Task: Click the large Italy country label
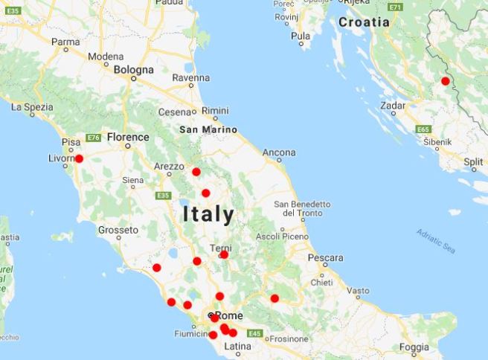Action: [x=208, y=215]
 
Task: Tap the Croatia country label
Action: [x=364, y=22]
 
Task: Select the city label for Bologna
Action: [x=134, y=70]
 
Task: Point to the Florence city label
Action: [x=127, y=138]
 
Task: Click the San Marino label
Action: [x=208, y=129]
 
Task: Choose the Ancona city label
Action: [x=280, y=153]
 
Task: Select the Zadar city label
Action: [x=393, y=106]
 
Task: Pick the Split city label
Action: [x=472, y=161]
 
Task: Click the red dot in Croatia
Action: [x=446, y=81]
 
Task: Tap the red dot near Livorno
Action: [x=79, y=158]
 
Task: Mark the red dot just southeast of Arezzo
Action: [x=196, y=172]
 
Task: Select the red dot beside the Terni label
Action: [x=224, y=254]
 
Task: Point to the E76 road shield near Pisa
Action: [x=93, y=138]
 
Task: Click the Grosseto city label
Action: [x=118, y=230]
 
